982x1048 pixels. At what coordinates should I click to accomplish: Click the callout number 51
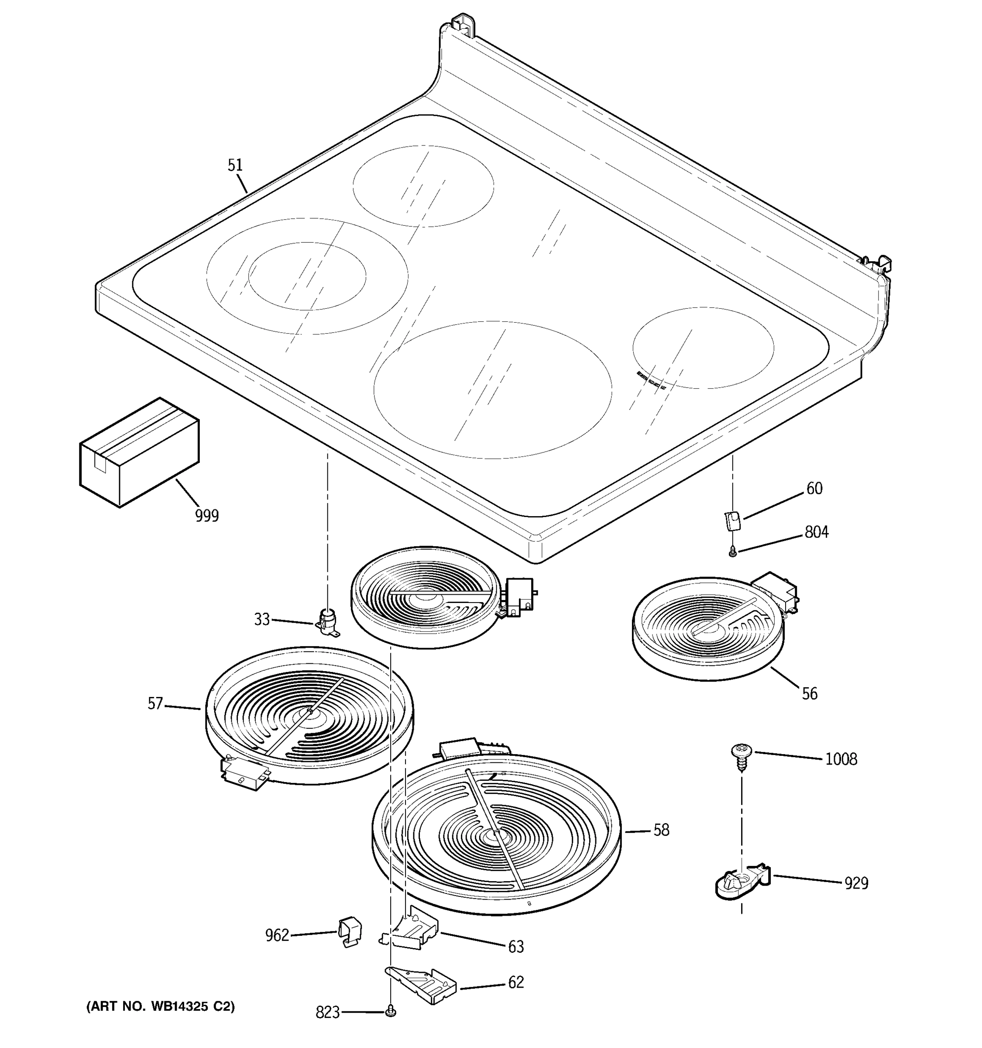click(x=235, y=165)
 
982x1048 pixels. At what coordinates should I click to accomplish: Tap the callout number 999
click(x=206, y=516)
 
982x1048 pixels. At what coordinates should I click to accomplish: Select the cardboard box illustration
click(x=139, y=453)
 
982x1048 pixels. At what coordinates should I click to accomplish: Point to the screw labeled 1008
click(x=741, y=755)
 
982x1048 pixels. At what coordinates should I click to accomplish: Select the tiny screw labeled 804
click(x=732, y=552)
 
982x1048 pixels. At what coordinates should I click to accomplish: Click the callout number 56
click(x=810, y=694)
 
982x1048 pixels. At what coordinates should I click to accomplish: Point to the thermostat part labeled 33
click(x=328, y=621)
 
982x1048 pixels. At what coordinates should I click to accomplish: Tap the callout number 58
click(x=661, y=830)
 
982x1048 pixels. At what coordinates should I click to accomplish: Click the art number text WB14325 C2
click(x=161, y=1007)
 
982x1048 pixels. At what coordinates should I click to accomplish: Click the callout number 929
click(x=856, y=883)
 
